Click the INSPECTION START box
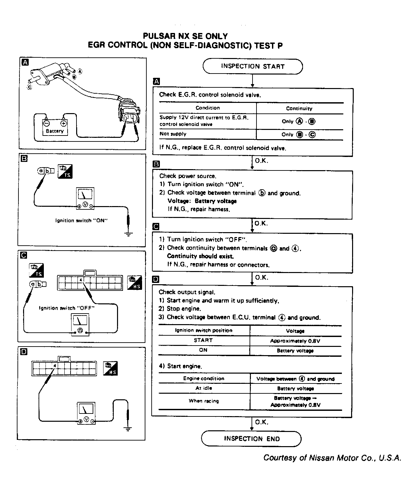pyautogui.click(x=252, y=66)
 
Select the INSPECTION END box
pyautogui.click(x=252, y=439)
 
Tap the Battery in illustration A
pyautogui.click(x=55, y=127)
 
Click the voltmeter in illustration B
pyautogui.click(x=85, y=199)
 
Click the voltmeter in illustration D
pyautogui.click(x=86, y=413)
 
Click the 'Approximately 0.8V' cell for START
pyautogui.click(x=295, y=341)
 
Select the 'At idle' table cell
pyautogui.click(x=204, y=388)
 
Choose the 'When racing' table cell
pyautogui.click(x=204, y=401)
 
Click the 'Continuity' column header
pyautogui.click(x=299, y=108)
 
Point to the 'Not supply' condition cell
pyautogui.click(x=173, y=134)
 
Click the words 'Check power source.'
pyautogui.click(x=188, y=176)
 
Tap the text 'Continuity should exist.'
pyautogui.click(x=200, y=256)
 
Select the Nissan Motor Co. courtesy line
pyautogui.click(x=332, y=458)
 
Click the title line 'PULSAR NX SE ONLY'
pyautogui.click(x=185, y=36)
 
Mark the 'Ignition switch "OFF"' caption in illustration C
pyautogui.click(x=67, y=308)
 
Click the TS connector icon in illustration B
pyautogui.click(x=65, y=171)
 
